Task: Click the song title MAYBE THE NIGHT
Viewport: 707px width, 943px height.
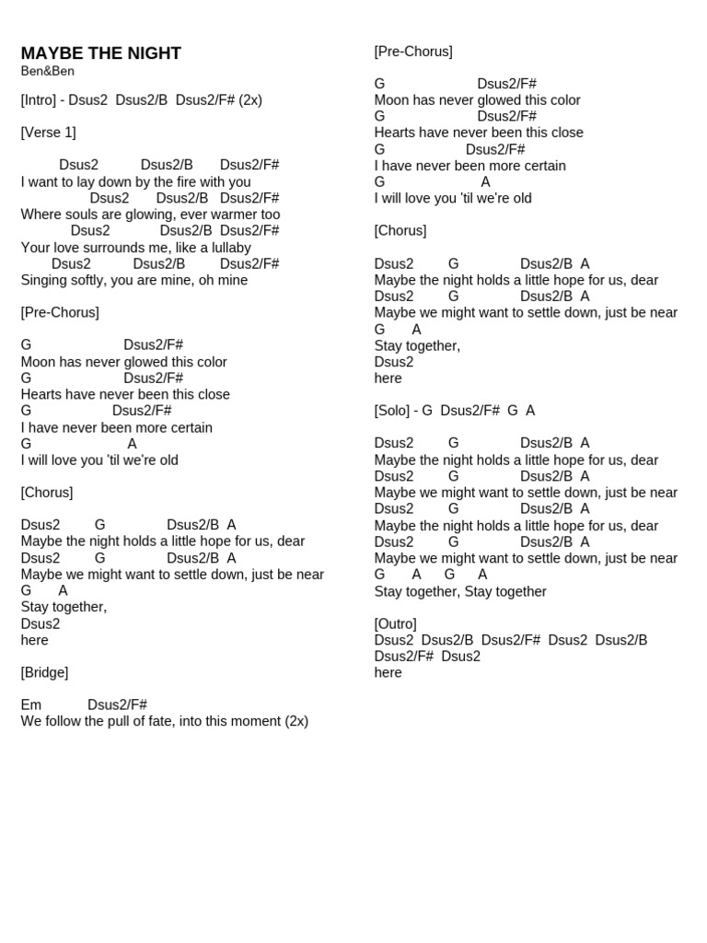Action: (100, 53)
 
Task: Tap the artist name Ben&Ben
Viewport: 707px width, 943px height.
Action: (47, 71)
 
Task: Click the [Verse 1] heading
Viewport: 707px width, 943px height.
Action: (48, 133)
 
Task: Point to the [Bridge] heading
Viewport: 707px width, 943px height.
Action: (44, 672)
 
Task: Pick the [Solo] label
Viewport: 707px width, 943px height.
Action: (393, 411)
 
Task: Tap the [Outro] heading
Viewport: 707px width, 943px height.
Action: (395, 623)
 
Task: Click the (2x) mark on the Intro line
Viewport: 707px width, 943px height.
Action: (250, 99)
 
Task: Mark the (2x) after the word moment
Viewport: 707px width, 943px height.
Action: (296, 721)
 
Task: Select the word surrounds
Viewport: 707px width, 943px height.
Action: (115, 248)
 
